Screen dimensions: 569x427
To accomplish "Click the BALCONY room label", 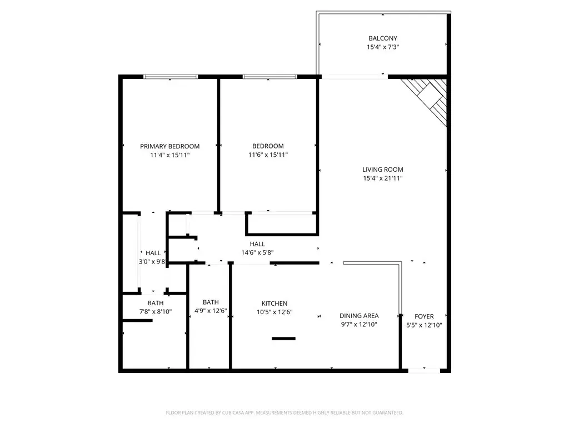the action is click(383, 38).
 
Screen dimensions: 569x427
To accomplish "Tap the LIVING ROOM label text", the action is click(382, 170).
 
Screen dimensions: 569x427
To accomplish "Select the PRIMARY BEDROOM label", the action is click(170, 146).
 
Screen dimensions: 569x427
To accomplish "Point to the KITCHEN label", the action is click(274, 304).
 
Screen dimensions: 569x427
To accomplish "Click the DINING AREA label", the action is click(359, 316).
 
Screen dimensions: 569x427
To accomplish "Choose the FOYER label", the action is click(424, 316).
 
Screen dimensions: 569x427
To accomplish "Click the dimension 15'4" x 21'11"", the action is click(382, 178).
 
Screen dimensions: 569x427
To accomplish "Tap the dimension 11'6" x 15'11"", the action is click(268, 155).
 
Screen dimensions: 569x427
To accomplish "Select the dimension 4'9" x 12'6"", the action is click(211, 311).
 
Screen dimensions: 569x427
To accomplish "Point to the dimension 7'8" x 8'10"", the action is click(156, 311).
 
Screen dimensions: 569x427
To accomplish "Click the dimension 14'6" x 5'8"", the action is click(257, 253).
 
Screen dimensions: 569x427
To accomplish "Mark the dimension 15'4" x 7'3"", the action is click(383, 47).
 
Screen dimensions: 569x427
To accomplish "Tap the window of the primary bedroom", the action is click(171, 77).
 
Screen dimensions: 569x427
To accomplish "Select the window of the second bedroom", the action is click(270, 77).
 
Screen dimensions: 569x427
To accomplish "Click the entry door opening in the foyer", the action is click(424, 371).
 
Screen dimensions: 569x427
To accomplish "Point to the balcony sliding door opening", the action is click(355, 77).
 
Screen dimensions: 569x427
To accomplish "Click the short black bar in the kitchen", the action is click(283, 339).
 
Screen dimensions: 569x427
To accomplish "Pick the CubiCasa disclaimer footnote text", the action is click(284, 413).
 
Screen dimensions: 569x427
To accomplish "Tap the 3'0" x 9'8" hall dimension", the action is click(152, 261).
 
